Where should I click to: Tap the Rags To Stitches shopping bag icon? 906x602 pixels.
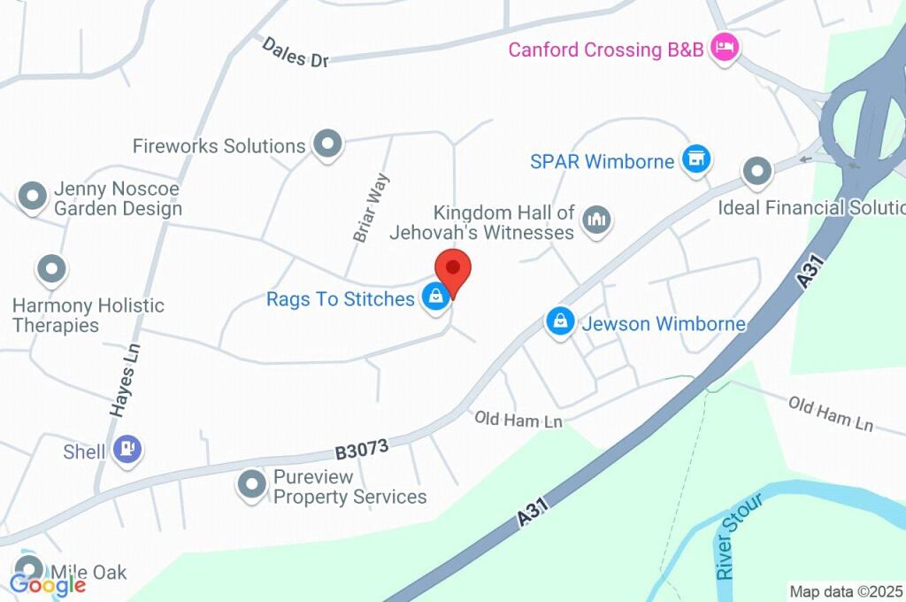coord(435,298)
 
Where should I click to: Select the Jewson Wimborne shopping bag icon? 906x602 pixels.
coord(560,322)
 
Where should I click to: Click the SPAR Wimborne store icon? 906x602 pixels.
coord(697,160)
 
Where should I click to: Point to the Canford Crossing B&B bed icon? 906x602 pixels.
coord(725,48)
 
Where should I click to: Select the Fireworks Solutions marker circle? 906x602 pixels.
coord(328,144)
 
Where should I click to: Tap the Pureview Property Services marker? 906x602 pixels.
coord(253,484)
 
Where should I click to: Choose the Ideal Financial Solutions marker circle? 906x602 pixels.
coord(757,172)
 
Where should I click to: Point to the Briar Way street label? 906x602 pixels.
coord(371,208)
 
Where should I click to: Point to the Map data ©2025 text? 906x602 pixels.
coord(845,591)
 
